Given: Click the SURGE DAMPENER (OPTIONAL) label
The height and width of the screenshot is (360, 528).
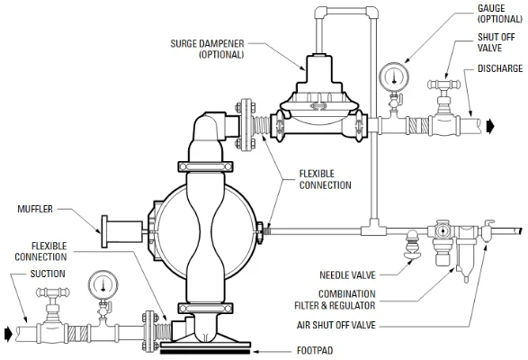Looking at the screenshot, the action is pyautogui.click(x=207, y=49).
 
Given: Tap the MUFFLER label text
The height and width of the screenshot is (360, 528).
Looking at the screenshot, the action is pyautogui.click(x=35, y=209).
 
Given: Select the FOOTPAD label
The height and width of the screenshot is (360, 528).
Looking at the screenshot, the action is pyautogui.click(x=315, y=351).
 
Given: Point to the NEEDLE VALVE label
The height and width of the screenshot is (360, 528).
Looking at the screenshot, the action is pyautogui.click(x=347, y=275).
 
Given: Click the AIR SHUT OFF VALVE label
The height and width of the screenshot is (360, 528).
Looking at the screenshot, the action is pyautogui.click(x=336, y=325).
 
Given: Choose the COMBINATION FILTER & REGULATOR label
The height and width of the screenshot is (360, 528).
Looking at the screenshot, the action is pyautogui.click(x=335, y=300).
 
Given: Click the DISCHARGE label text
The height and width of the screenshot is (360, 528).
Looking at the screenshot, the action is pyautogui.click(x=500, y=68).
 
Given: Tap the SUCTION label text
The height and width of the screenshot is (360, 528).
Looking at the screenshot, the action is pyautogui.click(x=48, y=274).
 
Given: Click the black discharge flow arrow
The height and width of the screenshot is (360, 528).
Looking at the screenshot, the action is pyautogui.click(x=490, y=126).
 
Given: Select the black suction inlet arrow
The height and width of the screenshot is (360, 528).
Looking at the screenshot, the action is pyautogui.click(x=8, y=333).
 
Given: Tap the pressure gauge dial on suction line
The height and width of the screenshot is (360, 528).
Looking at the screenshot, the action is pyautogui.click(x=103, y=284).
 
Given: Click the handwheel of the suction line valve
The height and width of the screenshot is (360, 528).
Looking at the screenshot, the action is pyautogui.click(x=53, y=292).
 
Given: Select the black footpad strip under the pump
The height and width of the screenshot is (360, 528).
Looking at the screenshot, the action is pyautogui.click(x=205, y=352).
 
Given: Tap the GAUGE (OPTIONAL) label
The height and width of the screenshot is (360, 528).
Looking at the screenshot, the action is pyautogui.click(x=500, y=13).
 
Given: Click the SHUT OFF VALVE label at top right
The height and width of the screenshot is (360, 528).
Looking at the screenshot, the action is pyautogui.click(x=496, y=42).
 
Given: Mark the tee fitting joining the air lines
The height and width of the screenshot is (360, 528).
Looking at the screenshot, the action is pyautogui.click(x=373, y=229).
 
